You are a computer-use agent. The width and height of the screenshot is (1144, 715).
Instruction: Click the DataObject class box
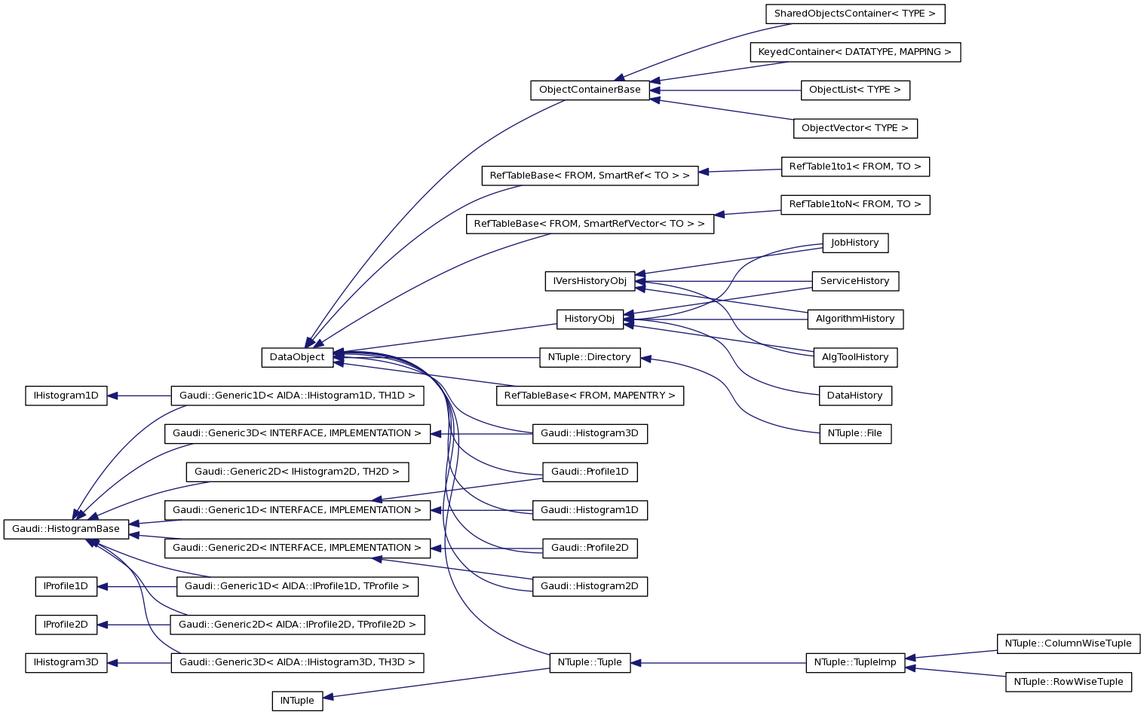297,357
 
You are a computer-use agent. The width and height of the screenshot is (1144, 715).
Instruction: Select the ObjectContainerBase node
590,90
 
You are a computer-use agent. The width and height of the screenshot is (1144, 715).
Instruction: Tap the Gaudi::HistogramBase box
66,529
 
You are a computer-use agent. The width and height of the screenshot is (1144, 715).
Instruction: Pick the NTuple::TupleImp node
855,663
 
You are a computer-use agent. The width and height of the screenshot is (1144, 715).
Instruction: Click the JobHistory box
854,243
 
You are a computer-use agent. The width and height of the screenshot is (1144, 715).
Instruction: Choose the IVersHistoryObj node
590,281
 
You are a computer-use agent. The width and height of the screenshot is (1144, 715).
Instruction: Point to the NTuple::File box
854,434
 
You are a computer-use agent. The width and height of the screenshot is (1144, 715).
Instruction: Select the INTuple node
297,701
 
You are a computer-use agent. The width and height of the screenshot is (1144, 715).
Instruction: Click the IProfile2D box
66,625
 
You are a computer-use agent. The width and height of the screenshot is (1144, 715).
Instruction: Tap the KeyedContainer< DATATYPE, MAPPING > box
854,52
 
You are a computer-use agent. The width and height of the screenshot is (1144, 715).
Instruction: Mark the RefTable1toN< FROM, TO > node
854,204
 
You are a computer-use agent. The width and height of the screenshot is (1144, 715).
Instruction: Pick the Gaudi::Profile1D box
590,472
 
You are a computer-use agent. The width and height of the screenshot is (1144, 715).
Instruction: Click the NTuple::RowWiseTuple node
1068,682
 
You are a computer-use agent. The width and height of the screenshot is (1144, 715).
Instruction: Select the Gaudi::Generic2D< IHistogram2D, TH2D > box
297,472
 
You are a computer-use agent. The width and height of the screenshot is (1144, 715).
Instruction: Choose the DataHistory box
854,396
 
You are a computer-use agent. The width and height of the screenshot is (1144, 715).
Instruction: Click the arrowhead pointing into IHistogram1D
113,396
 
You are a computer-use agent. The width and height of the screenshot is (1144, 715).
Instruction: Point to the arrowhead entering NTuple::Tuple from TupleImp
636,663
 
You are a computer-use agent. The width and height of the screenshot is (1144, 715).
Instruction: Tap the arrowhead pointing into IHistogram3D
114,663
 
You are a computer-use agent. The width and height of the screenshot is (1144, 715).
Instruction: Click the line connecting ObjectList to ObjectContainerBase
724,90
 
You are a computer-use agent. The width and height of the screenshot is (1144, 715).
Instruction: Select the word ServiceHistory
854,281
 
